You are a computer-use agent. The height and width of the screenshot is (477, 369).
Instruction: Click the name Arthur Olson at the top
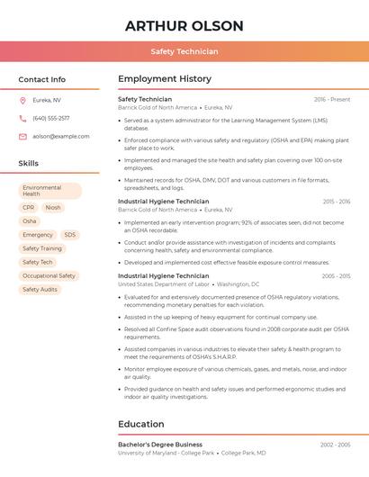184,25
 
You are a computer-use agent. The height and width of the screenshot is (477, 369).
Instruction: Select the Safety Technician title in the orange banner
184,51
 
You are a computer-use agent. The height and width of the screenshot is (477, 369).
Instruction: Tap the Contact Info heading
42,79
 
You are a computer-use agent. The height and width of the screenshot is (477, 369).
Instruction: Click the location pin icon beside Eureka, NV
22,100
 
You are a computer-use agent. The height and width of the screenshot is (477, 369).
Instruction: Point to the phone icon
22,118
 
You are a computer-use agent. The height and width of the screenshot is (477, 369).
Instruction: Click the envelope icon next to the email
22,136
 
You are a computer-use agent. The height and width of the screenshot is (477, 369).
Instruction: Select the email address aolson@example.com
61,136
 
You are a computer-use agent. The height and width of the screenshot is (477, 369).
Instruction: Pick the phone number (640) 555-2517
51,118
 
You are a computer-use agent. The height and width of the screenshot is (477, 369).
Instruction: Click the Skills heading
29,163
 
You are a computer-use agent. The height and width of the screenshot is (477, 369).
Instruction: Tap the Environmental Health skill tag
50,191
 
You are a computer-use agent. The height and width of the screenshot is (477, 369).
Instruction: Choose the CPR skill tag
29,207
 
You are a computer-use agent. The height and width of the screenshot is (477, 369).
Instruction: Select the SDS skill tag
70,235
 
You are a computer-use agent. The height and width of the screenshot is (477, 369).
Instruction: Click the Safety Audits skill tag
40,289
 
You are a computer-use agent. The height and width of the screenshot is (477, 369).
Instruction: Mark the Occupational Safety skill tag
49,275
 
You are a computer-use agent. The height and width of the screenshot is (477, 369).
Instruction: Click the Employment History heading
165,79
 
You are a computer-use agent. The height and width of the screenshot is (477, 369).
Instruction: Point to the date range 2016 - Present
332,99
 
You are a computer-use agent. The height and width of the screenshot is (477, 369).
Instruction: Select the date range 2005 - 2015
336,275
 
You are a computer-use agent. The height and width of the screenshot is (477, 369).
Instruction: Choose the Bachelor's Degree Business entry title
160,445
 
